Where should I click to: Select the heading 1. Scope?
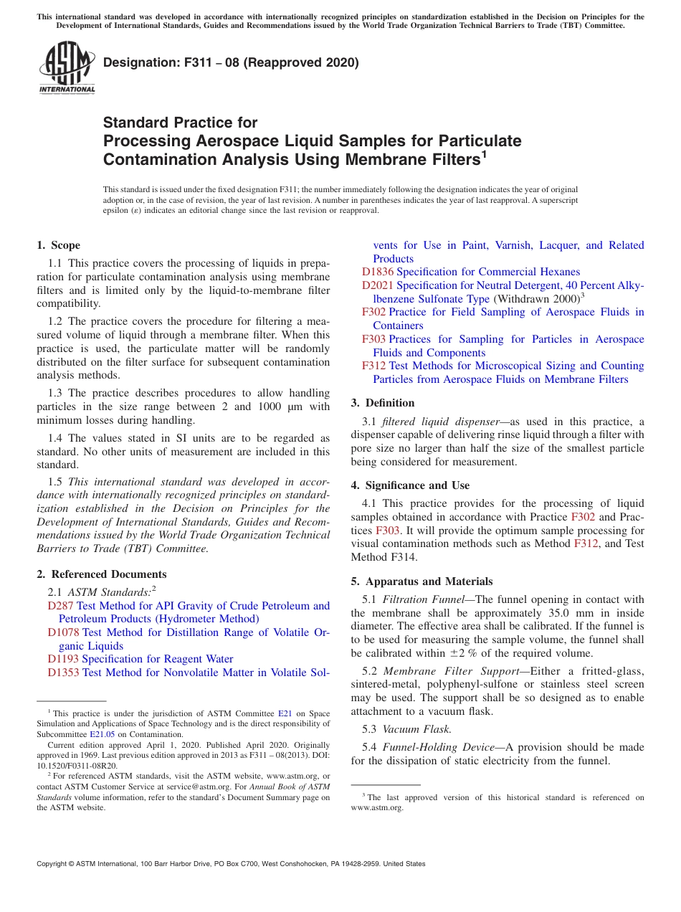(59, 245)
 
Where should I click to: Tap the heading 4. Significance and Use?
(410, 485)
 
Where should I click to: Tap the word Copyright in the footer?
(55, 864)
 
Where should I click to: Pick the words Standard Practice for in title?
(180, 123)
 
